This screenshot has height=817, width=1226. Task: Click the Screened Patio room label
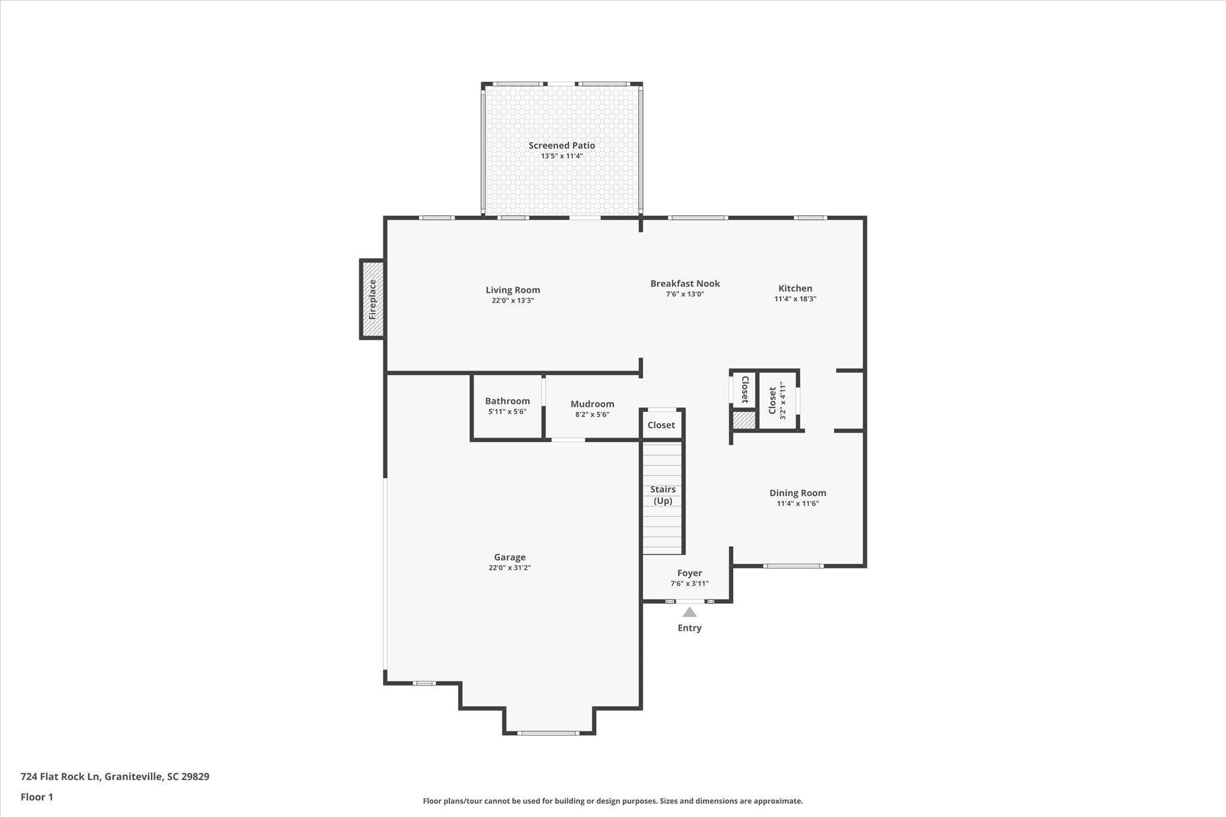pyautogui.click(x=562, y=145)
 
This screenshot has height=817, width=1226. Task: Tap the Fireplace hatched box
pyautogui.click(x=372, y=299)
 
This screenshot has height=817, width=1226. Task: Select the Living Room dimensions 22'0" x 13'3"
pyautogui.click(x=512, y=300)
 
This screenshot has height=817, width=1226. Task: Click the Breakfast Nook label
pyautogui.click(x=685, y=284)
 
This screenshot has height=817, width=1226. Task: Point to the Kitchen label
pyautogui.click(x=795, y=288)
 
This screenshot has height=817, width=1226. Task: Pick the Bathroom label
pyautogui.click(x=507, y=401)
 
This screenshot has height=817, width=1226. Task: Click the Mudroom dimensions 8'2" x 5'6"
pyautogui.click(x=592, y=414)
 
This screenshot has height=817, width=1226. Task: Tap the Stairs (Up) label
pyautogui.click(x=663, y=495)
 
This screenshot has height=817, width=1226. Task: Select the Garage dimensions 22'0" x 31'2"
pyautogui.click(x=509, y=567)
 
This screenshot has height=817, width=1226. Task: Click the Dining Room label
pyautogui.click(x=797, y=493)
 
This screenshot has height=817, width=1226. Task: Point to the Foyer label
pyautogui.click(x=690, y=573)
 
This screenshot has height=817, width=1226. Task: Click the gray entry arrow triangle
pyautogui.click(x=690, y=612)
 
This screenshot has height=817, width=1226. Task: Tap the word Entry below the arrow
pyautogui.click(x=690, y=628)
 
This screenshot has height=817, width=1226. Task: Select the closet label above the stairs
pyautogui.click(x=661, y=425)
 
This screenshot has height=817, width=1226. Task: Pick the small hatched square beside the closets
pyautogui.click(x=744, y=420)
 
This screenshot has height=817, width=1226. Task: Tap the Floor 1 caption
pyautogui.click(x=37, y=797)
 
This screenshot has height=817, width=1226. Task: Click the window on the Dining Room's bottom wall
pyautogui.click(x=793, y=566)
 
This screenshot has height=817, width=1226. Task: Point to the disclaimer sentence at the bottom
pyautogui.click(x=613, y=801)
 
